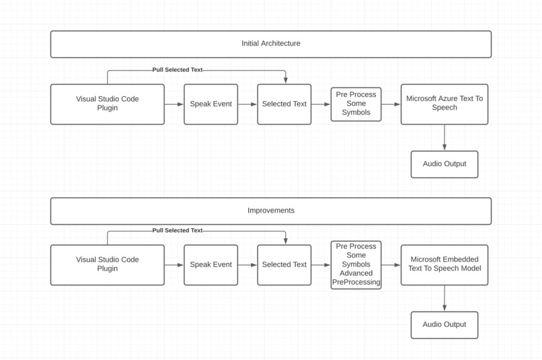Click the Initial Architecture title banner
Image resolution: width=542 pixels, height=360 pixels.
(x=270, y=44)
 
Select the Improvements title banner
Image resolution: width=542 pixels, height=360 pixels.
(x=270, y=211)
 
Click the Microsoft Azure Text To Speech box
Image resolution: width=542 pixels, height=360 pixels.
(x=444, y=104)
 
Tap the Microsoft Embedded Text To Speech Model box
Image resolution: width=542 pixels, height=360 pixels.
(x=444, y=264)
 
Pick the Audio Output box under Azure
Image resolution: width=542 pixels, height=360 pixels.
(x=444, y=164)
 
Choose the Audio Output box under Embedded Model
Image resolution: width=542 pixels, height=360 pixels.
(x=444, y=325)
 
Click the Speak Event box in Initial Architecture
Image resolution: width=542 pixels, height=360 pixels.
(x=210, y=104)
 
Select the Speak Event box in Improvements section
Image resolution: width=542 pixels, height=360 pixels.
(x=210, y=265)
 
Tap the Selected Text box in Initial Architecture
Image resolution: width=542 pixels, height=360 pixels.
(x=284, y=104)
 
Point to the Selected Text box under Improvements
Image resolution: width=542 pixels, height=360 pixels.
(x=284, y=265)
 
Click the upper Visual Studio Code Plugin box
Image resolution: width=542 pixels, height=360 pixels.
(x=107, y=104)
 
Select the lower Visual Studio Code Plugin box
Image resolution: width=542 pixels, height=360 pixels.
(x=107, y=265)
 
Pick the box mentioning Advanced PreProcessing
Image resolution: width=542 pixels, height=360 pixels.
(x=356, y=265)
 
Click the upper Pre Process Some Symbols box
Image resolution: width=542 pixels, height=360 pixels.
(x=356, y=104)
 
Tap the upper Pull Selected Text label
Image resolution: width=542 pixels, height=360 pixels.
(x=177, y=70)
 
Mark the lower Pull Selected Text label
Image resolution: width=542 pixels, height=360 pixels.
(x=177, y=231)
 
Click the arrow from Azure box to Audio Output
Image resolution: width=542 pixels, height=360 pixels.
(x=444, y=138)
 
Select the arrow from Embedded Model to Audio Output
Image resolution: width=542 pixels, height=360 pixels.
(x=444, y=299)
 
